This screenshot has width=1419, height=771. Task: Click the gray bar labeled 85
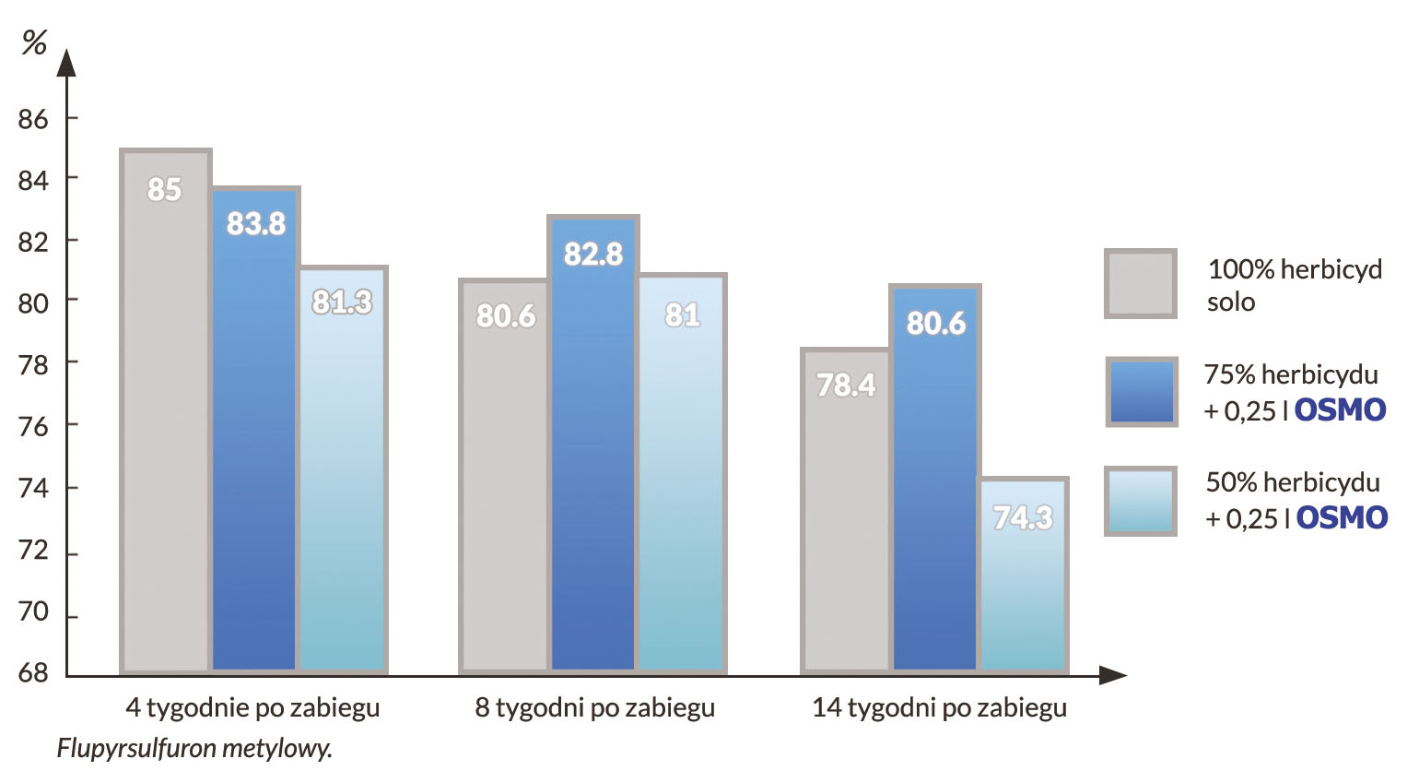(x=166, y=415)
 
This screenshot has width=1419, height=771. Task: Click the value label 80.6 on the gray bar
(x=506, y=316)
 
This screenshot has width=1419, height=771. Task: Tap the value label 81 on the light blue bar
(x=682, y=315)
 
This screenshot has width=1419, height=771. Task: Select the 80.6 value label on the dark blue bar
(x=935, y=323)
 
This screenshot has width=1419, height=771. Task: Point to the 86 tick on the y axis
(x=33, y=119)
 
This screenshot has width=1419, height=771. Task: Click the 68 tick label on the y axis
(x=33, y=673)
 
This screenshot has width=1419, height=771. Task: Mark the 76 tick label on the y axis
(x=33, y=426)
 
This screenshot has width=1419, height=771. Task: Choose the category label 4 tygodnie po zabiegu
(x=252, y=708)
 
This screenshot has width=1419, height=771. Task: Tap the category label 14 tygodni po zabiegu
(x=939, y=708)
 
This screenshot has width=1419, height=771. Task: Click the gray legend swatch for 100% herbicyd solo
(x=1141, y=284)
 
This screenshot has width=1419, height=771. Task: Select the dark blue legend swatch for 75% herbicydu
(x=1142, y=392)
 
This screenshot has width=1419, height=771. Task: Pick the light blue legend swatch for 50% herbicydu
(x=1141, y=501)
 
